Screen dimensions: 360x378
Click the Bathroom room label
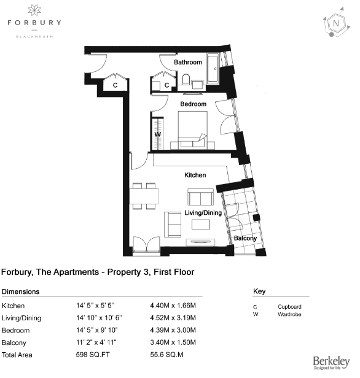188,62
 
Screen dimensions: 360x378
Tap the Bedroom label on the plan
194,104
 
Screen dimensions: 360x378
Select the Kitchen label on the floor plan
195,175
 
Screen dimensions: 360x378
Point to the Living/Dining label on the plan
203,213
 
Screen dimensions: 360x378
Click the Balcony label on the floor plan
245,238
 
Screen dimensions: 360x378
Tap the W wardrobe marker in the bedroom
157,134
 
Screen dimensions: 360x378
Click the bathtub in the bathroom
213,69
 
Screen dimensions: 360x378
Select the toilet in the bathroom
186,79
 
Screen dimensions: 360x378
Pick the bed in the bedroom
192,129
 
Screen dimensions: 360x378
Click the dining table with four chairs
144,196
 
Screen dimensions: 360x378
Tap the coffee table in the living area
200,225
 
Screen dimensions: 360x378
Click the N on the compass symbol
335,23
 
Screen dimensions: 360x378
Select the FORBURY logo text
34,23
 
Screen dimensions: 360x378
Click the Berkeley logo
331,363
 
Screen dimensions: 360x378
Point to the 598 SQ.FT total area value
93,355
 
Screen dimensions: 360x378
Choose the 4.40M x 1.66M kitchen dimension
173,306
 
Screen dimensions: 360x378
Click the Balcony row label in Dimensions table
14,342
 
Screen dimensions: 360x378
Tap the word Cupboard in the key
289,307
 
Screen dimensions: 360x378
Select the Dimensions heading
20,291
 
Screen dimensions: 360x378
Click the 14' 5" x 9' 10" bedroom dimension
96,330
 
